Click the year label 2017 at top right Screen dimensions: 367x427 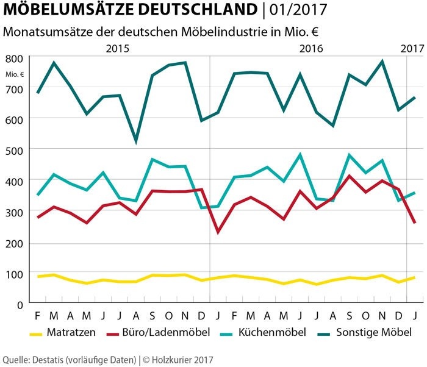(x=412, y=49)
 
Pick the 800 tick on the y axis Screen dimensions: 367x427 (x=14, y=59)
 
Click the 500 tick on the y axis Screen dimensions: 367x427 (x=14, y=151)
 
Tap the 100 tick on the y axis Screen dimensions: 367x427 (x=14, y=274)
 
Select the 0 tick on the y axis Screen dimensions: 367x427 (x=20, y=304)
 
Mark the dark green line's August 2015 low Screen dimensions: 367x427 (x=135, y=142)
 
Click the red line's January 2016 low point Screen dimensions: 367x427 (x=218, y=232)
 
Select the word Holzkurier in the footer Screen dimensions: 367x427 (x=174, y=360)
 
